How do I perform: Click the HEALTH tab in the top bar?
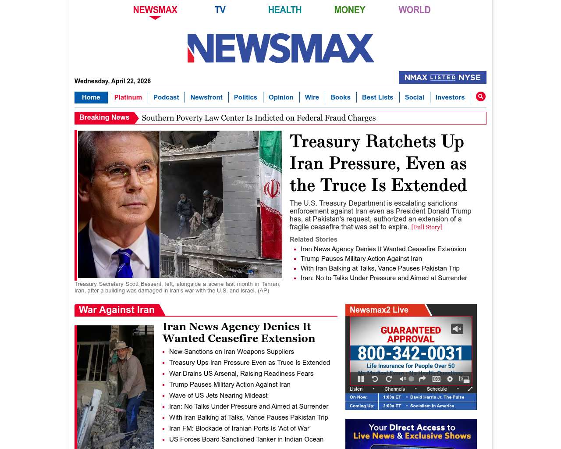(x=285, y=10)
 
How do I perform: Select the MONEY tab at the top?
(x=349, y=10)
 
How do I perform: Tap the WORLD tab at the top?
(x=414, y=10)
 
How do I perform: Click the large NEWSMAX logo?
(x=280, y=48)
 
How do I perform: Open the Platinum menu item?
(x=128, y=97)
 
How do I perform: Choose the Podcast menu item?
(x=166, y=97)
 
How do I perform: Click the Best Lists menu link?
(x=377, y=97)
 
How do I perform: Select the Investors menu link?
(x=450, y=97)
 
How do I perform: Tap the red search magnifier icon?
(x=481, y=97)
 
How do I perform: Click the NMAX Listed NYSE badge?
(x=442, y=78)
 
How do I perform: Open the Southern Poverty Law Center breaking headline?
(x=259, y=118)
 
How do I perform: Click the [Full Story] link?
(x=426, y=227)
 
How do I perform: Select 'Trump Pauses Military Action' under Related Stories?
(x=361, y=259)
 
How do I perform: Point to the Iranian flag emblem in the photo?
(x=272, y=190)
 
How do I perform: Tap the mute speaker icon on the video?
(x=457, y=329)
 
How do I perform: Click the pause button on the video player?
(x=361, y=379)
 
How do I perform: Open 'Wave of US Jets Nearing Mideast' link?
(x=218, y=396)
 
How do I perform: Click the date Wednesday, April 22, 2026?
(x=113, y=81)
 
